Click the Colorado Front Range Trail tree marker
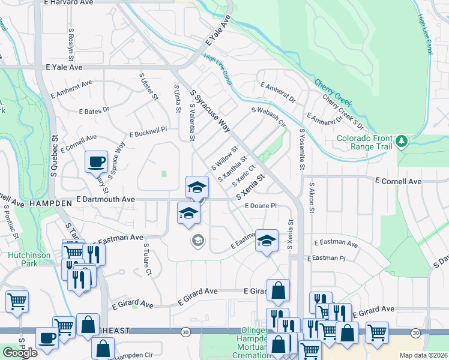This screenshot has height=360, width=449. click(402, 142)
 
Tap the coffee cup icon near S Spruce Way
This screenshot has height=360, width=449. click(96, 161)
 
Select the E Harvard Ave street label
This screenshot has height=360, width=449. click(70, 2)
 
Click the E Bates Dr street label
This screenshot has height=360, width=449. click(94, 110)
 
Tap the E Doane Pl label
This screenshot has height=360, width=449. click(260, 205)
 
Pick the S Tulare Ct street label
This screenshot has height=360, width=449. click(146, 259)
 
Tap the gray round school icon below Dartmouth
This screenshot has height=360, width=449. click(196, 241)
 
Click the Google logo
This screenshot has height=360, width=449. click(20, 353)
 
